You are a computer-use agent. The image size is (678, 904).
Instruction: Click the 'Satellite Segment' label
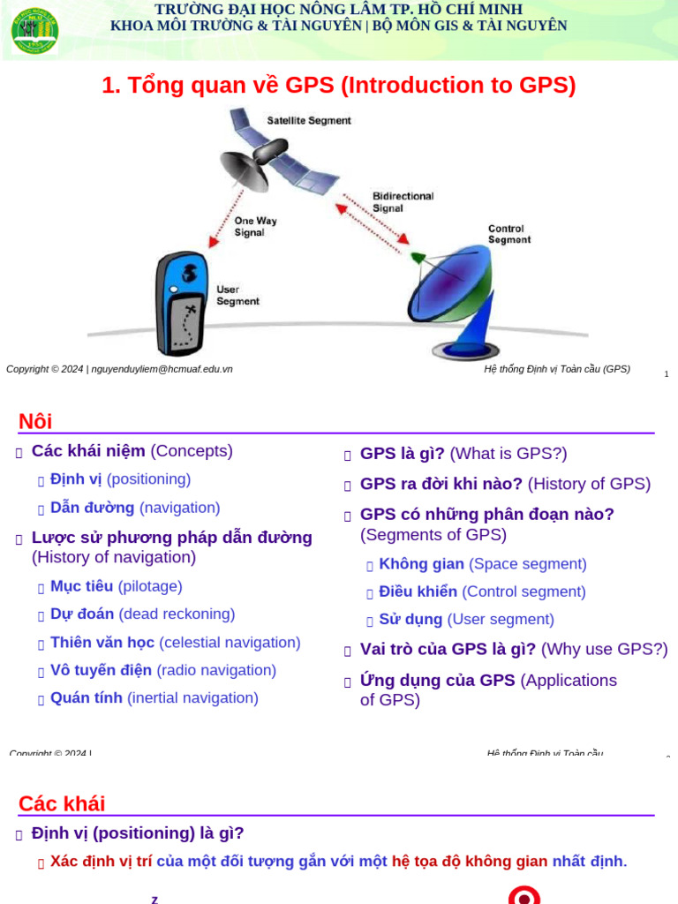point(309,120)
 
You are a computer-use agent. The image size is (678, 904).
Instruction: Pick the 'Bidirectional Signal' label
point(403,202)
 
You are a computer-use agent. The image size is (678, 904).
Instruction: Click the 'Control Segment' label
point(509,234)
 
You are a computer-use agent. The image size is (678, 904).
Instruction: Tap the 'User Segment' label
point(237,295)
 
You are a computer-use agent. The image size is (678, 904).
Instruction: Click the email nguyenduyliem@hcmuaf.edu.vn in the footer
point(162,369)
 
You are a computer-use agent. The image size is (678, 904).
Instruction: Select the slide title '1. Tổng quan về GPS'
point(338,86)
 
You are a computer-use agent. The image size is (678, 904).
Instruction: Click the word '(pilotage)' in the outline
point(150,586)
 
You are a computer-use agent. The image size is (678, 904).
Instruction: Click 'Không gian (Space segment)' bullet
point(482,564)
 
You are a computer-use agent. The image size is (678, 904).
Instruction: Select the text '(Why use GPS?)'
point(605,650)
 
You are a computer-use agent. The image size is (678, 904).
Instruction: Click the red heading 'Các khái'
point(62,803)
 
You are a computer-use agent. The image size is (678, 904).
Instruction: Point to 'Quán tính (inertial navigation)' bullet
point(154,698)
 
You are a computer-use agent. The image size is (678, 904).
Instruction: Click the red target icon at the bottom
point(524,895)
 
